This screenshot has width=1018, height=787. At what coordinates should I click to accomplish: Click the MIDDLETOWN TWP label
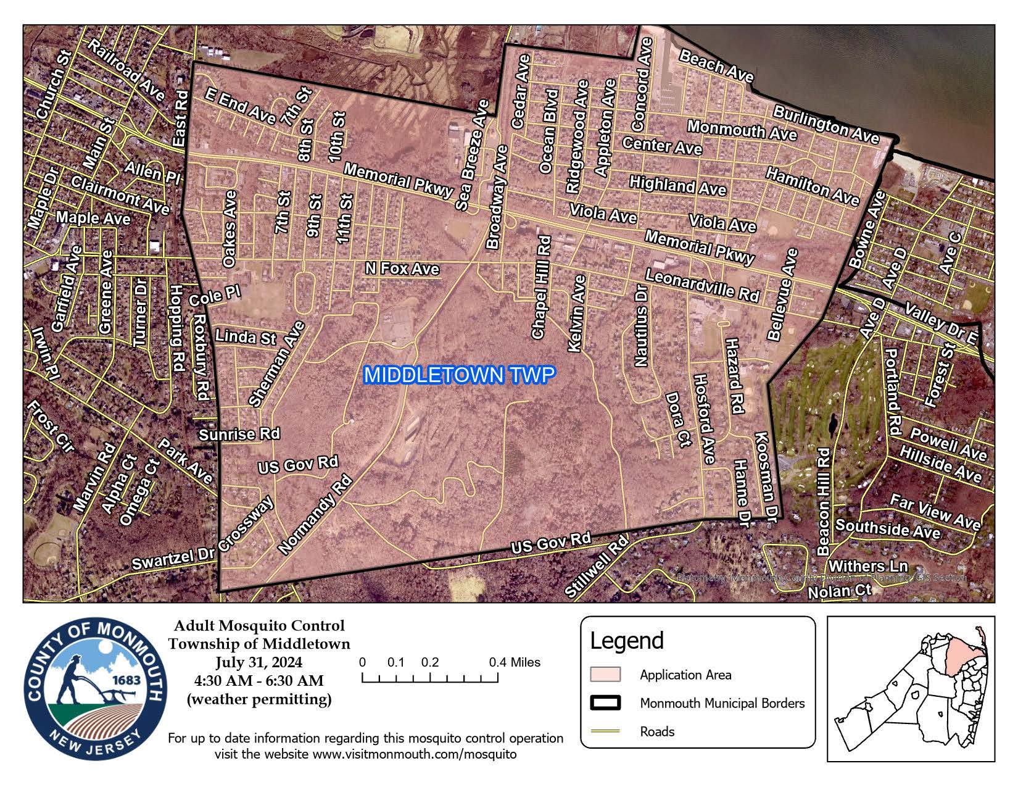click(x=456, y=375)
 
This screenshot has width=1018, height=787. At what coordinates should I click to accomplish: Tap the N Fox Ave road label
click(x=402, y=269)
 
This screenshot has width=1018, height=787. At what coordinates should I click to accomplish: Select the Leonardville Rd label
click(x=702, y=285)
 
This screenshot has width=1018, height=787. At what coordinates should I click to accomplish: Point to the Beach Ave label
click(x=716, y=66)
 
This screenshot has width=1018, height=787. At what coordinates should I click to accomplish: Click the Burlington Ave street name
click(x=826, y=123)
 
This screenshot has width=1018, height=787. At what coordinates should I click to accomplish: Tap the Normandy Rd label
click(x=315, y=514)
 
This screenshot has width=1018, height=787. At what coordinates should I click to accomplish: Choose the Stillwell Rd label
click(x=596, y=566)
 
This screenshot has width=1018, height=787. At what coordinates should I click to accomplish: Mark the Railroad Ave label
click(x=126, y=69)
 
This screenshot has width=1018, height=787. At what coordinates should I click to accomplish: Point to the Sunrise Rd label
click(x=239, y=435)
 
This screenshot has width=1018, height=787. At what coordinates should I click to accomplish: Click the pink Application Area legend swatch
click(x=605, y=674)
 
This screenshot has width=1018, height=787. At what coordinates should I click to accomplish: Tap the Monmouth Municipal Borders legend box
click(x=605, y=703)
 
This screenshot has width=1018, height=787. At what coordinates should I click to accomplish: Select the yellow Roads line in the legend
click(x=605, y=731)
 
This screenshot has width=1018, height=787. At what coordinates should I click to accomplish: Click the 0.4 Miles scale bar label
click(x=515, y=662)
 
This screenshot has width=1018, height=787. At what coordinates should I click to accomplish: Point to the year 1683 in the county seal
click(x=126, y=680)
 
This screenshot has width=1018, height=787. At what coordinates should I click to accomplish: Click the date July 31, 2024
click(x=259, y=662)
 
